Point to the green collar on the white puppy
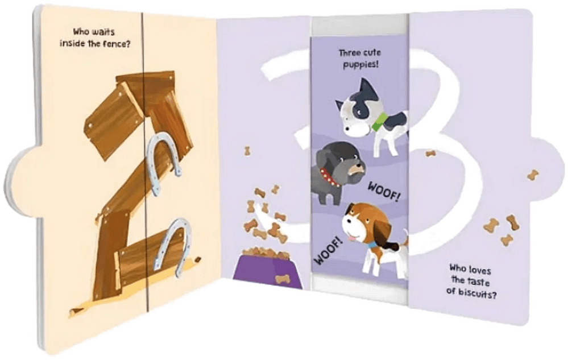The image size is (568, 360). [379, 121]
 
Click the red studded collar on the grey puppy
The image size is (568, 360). [329, 178]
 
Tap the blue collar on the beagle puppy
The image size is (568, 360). [372, 246]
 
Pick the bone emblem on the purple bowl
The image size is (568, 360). [283, 279]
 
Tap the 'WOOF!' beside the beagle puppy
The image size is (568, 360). [327, 250]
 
